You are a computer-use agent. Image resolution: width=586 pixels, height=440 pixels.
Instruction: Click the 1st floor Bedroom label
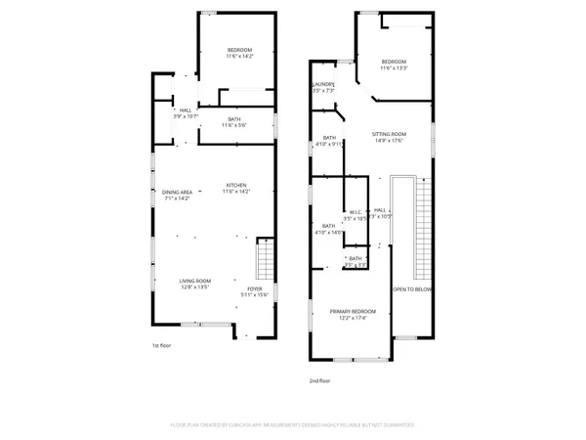pyautogui.click(x=239, y=53)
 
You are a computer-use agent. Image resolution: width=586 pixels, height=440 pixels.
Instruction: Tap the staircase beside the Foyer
pyautogui.click(x=264, y=261)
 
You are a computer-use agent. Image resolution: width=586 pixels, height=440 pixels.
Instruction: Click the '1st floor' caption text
pyautogui.click(x=161, y=346)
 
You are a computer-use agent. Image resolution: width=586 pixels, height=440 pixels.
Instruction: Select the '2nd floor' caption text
pyautogui.click(x=318, y=380)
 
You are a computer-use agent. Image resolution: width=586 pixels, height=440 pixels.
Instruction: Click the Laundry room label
pyautogui.click(x=323, y=87)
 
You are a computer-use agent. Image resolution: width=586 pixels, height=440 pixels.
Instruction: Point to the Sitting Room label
pyautogui.click(x=388, y=136)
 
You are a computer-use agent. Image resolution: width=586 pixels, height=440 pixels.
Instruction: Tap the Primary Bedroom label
pyautogui.click(x=353, y=313)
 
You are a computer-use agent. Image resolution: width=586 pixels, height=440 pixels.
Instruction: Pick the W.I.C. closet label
pyautogui.click(x=356, y=215)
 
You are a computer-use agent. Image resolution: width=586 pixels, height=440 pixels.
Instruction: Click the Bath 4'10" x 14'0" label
pyautogui.click(x=329, y=228)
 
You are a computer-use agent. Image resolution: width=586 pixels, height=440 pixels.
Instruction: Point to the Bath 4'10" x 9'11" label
pyautogui.click(x=329, y=141)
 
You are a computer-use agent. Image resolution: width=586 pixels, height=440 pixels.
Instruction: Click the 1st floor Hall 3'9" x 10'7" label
pyautogui.click(x=185, y=113)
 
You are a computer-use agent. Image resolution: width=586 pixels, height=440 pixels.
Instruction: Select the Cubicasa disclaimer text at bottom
pyautogui.click(x=292, y=425)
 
